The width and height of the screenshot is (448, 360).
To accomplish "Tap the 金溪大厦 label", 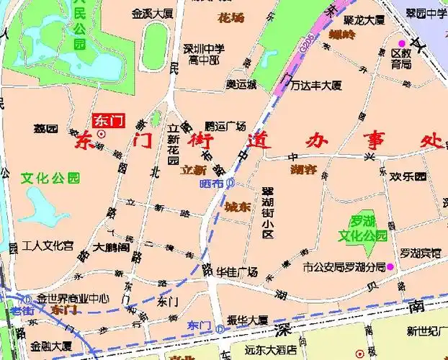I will (152, 13).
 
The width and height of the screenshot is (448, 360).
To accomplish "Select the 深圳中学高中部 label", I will (204, 55).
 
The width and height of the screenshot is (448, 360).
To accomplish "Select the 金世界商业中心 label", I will (73, 298).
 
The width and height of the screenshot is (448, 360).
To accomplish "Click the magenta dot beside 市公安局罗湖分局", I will (391, 267).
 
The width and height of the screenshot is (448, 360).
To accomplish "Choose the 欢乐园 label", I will (408, 176).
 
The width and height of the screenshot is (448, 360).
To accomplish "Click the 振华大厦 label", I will (247, 320).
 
